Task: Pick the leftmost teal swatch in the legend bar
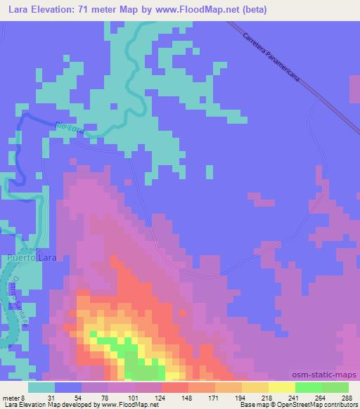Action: point(41,387)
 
